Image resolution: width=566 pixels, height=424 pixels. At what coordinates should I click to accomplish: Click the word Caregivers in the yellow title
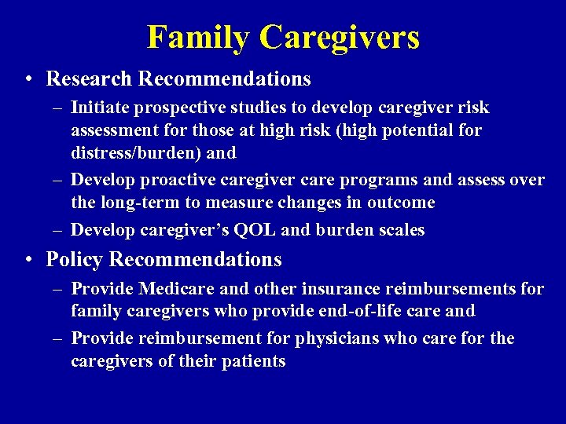coord(340,37)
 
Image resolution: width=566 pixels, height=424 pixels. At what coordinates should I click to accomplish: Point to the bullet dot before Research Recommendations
coord(28,79)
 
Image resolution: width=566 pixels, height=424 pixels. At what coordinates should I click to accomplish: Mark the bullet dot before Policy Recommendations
coord(28,259)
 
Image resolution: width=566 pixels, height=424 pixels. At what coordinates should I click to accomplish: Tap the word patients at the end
coord(255,361)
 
